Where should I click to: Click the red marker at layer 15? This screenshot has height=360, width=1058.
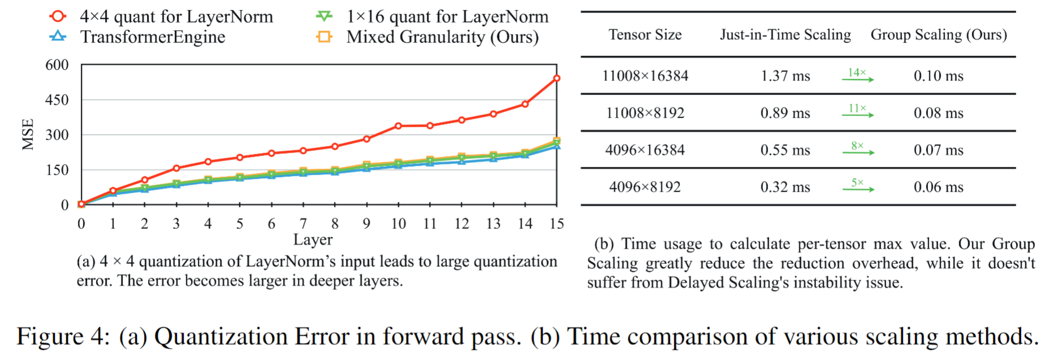coord(557,78)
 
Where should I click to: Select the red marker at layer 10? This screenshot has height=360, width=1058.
coord(398,125)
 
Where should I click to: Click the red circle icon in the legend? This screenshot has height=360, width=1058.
coord(58,16)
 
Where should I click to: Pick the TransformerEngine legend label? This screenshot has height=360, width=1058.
coord(153,37)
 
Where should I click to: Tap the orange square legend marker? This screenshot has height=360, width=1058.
coord(324,37)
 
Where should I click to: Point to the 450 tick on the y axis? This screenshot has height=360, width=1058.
coord(57,100)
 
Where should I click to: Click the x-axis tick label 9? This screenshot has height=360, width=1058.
coord(367,224)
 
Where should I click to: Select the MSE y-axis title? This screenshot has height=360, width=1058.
coord(28,135)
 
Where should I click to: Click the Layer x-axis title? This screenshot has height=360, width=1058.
coord(313,240)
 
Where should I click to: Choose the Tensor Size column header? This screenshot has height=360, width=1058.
coord(645,35)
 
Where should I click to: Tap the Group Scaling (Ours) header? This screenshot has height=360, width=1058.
coord(939,35)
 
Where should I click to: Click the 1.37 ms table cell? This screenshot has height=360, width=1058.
coord(785,76)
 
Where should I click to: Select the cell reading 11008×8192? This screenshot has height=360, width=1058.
coord(645,113)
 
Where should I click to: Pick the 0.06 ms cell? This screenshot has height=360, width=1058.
coord(938,187)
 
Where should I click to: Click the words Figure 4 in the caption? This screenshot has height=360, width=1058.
coord(63,336)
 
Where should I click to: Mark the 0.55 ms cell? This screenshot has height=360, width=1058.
coord(785,150)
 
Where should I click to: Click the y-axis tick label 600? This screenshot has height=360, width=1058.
coord(57,65)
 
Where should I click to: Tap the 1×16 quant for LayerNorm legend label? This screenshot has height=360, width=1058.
coord(448,17)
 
